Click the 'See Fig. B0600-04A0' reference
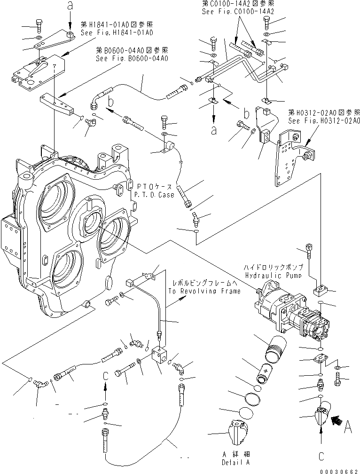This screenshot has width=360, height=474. point(132,58)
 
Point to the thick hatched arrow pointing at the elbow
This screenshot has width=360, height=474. point(337,417)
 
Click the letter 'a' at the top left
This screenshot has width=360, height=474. point(70,7)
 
